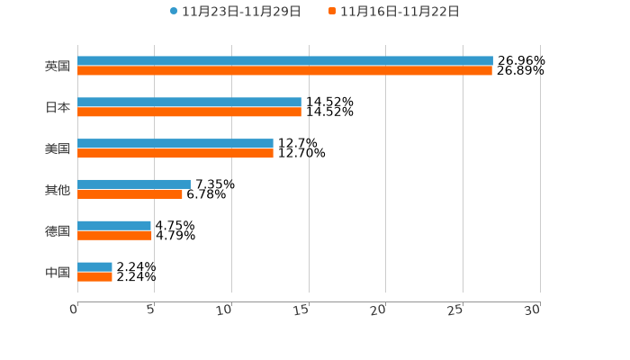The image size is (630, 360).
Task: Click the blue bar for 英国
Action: pyautogui.click(x=284, y=60)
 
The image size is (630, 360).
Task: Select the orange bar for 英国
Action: pyautogui.click(x=284, y=70)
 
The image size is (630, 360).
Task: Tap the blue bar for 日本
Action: pyautogui.click(x=189, y=102)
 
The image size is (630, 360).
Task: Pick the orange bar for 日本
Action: pyautogui.click(x=189, y=112)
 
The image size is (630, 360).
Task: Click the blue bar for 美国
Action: pyautogui.click(x=175, y=143)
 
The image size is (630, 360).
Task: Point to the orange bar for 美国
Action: pyautogui.click(x=175, y=154)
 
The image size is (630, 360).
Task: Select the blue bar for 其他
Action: pyautogui.click(x=134, y=184)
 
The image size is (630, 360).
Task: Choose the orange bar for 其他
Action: pyautogui.click(x=130, y=194)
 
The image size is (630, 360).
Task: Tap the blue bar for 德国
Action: pyautogui.click(x=114, y=225)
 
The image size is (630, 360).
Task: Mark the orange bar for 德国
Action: pyautogui.click(x=114, y=236)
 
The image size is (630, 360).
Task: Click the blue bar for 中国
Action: pyautogui.click(x=94, y=266)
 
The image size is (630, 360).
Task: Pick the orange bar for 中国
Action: pyautogui.click(x=94, y=277)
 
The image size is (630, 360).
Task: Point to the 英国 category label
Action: pyautogui.click(x=58, y=66)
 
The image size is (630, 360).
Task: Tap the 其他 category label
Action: pyautogui.click(x=58, y=190)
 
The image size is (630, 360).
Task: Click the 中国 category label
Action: pyautogui.click(x=58, y=273)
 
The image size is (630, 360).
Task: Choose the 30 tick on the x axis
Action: pyautogui.click(x=533, y=310)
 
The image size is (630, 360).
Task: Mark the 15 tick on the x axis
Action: pyautogui.click(x=301, y=310)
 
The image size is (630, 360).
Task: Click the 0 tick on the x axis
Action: pyautogui.click(x=75, y=310)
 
